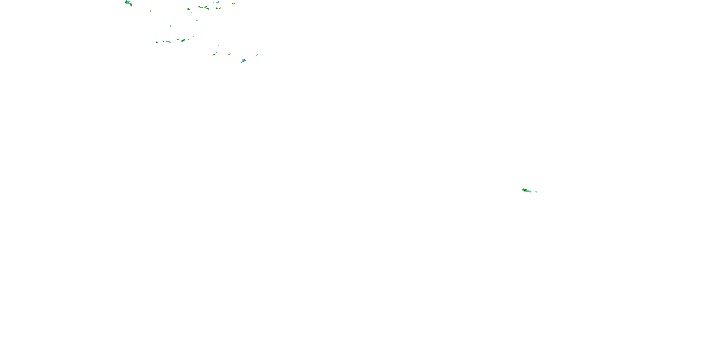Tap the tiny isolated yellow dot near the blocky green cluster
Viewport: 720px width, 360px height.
[x=151, y=11]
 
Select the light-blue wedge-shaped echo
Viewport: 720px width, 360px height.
[x=243, y=61]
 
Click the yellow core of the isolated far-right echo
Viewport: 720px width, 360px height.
[x=524, y=190]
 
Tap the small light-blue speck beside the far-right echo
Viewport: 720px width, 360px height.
[x=536, y=192]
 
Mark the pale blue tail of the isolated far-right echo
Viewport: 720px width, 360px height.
[x=529, y=192]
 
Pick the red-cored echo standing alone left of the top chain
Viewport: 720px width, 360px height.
[x=188, y=9]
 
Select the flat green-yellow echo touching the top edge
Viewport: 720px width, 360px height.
[x=217, y=2]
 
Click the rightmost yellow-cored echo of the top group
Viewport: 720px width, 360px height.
[x=234, y=4]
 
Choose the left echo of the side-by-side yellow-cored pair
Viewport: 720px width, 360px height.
[x=217, y=8]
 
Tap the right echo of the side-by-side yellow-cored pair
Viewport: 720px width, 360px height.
[x=220, y=8]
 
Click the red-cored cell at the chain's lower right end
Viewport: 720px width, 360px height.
[x=207, y=9]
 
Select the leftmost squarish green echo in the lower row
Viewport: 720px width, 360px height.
[x=157, y=42]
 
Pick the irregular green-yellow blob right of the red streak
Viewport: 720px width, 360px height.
[x=183, y=41]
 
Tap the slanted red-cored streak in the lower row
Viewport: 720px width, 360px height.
[x=178, y=39]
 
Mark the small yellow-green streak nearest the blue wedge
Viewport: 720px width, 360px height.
[x=229, y=54]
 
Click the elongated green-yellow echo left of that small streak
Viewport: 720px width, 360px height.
[x=214, y=54]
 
